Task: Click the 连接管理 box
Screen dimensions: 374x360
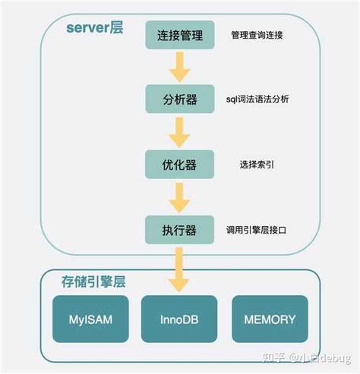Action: coord(179,35)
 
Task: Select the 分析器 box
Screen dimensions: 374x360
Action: coord(179,99)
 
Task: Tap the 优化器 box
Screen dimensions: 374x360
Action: coord(179,163)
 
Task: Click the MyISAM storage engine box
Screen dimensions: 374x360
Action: coord(90,319)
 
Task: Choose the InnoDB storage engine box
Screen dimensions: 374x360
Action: coord(179,319)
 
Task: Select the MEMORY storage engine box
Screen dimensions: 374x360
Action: coord(270,319)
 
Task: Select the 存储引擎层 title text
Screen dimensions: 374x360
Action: coord(93,281)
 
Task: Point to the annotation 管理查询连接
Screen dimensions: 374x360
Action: coord(258,35)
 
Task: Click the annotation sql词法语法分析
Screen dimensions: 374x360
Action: coord(257,99)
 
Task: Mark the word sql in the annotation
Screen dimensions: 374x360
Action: coord(232,99)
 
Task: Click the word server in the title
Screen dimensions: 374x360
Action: coord(86,29)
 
